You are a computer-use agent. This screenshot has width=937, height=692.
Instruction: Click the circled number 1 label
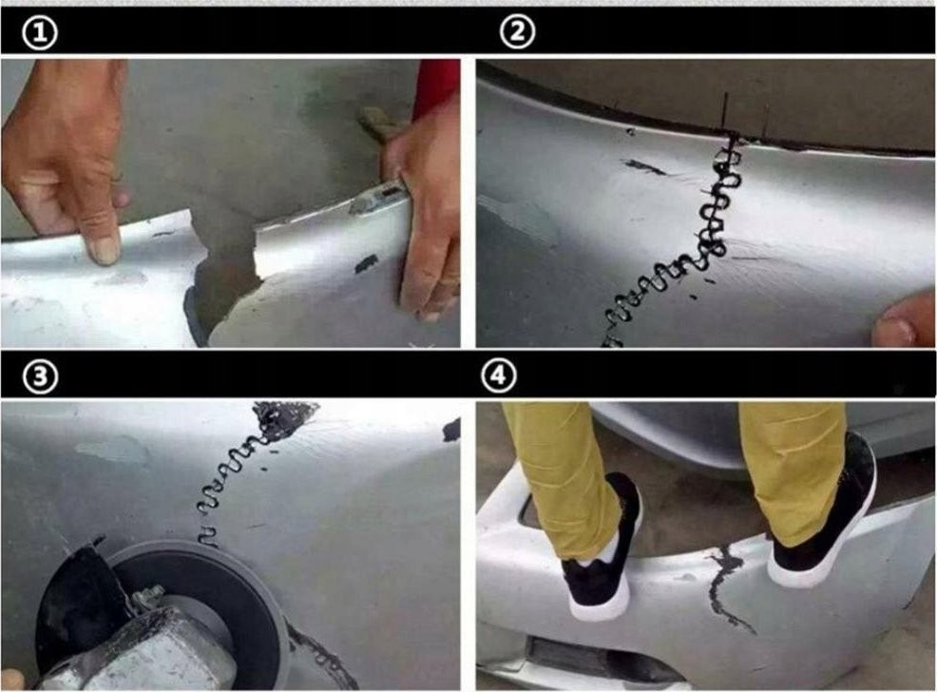40,33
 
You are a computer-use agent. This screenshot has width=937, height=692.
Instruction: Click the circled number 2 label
517,31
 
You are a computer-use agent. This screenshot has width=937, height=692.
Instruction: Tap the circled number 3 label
40,377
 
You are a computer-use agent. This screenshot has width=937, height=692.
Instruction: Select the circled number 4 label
498,375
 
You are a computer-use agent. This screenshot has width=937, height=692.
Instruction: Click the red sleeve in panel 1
436,86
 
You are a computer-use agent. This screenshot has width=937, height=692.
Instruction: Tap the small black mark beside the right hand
366,263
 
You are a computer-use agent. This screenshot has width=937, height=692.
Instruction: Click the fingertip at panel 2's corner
904,321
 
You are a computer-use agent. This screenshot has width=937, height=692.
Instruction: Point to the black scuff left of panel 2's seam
645,166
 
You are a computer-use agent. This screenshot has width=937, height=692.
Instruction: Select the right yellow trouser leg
792,466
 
